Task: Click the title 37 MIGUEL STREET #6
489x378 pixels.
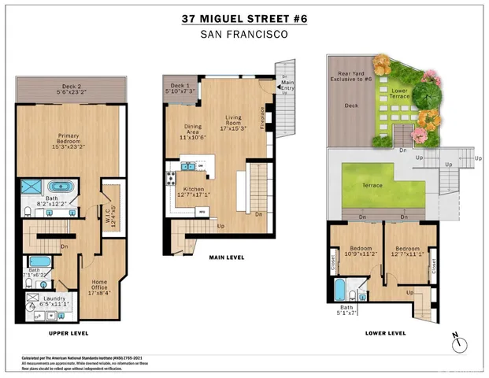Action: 244,18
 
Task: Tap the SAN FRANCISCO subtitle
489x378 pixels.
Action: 244,34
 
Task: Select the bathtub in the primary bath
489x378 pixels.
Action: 61,189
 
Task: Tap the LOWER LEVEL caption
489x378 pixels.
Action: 385,333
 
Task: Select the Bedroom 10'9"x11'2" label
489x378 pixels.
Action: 354,249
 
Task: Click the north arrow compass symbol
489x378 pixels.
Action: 460,342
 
